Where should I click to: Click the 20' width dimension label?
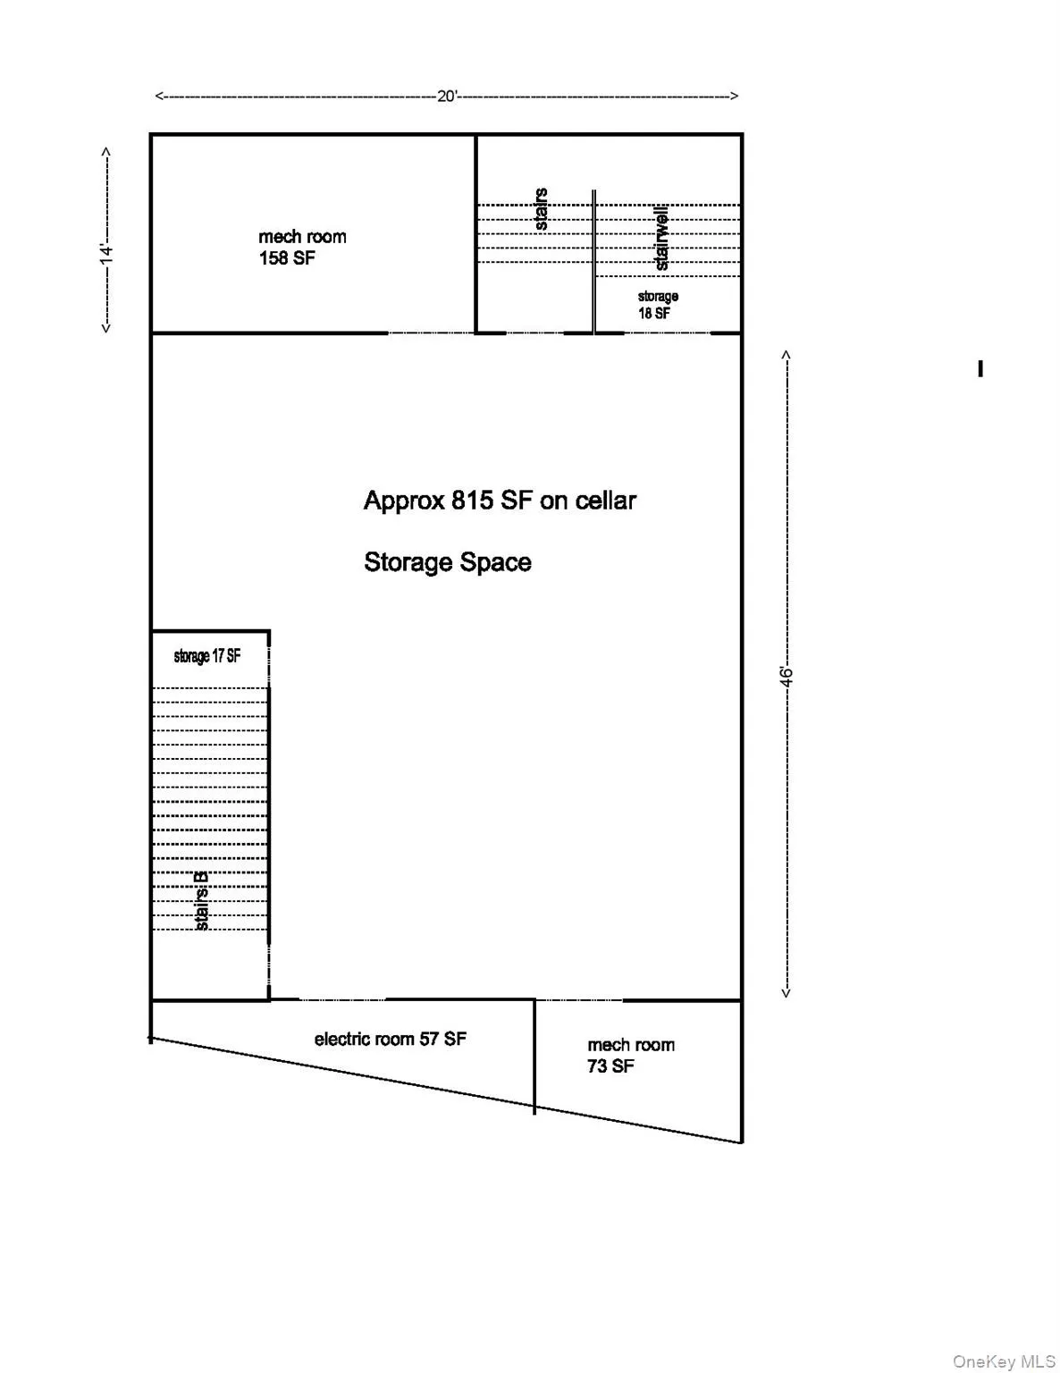coord(447,97)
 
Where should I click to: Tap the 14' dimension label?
coord(106,253)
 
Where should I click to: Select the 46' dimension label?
coord(787,676)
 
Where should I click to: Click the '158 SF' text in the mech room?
coord(287,258)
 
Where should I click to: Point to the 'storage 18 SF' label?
coord(657,305)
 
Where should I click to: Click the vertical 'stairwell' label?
coord(661,238)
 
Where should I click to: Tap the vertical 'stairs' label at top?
coord(541,209)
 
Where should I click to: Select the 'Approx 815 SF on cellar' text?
coord(500,501)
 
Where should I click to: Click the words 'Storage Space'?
coord(447,562)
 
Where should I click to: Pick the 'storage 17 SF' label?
coord(207,656)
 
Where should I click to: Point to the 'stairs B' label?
coord(202,901)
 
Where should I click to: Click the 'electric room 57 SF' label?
coord(390,1039)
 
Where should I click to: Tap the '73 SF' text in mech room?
coord(610,1066)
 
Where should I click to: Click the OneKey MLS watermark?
coord(1004,1361)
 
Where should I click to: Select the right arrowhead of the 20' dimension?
coord(735,97)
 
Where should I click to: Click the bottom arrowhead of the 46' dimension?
coord(787,992)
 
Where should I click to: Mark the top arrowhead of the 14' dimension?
coord(106,152)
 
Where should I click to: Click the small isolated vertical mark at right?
coord(980,368)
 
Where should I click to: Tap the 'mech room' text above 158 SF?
coord(302,237)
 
